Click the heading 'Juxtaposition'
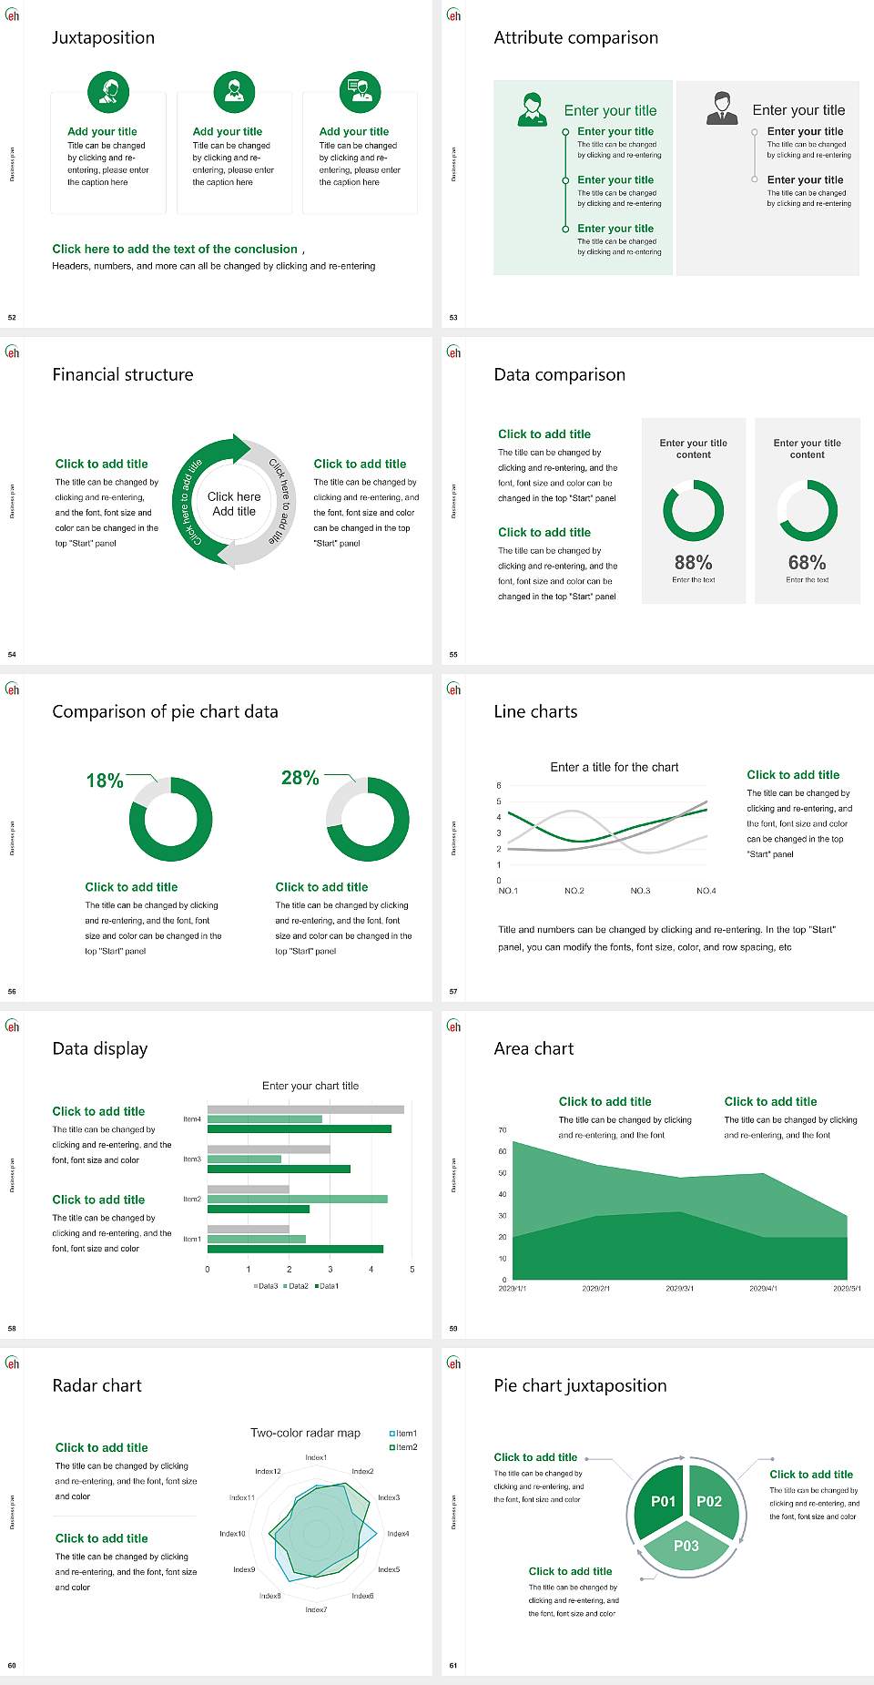click(103, 37)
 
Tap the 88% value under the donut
click(693, 563)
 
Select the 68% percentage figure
click(807, 563)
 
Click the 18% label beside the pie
click(105, 781)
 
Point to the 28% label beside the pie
click(300, 778)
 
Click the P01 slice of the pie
click(663, 1501)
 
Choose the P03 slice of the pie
click(686, 1546)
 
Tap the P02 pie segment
click(709, 1501)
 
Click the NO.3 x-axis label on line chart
click(640, 891)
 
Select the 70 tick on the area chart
click(503, 1130)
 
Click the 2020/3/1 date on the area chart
click(679, 1289)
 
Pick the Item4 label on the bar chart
click(192, 1119)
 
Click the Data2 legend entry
click(297, 1286)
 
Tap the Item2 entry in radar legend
click(405, 1447)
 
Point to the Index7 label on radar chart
click(316, 1610)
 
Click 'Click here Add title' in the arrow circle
click(234, 504)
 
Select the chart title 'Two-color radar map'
click(305, 1433)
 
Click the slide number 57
click(453, 992)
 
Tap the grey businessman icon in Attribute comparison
click(722, 107)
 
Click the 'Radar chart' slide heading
click(97, 1385)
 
